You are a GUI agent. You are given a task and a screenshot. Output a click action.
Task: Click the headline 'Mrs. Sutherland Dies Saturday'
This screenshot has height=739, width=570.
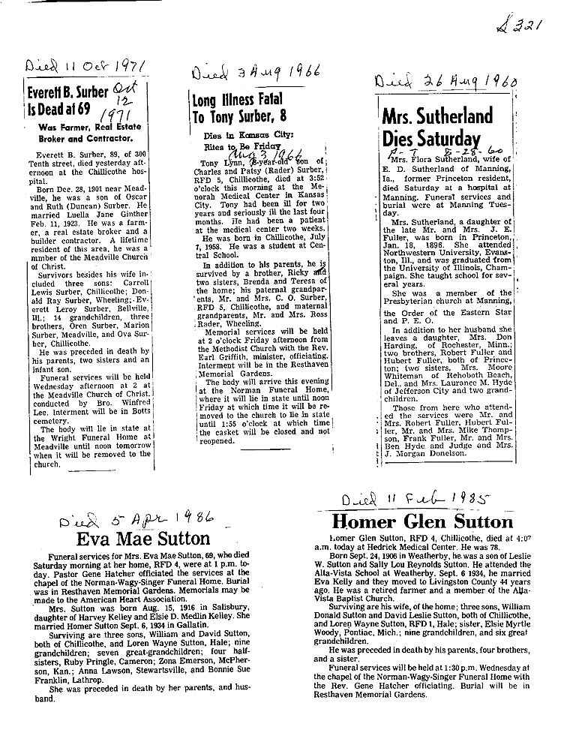437,127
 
